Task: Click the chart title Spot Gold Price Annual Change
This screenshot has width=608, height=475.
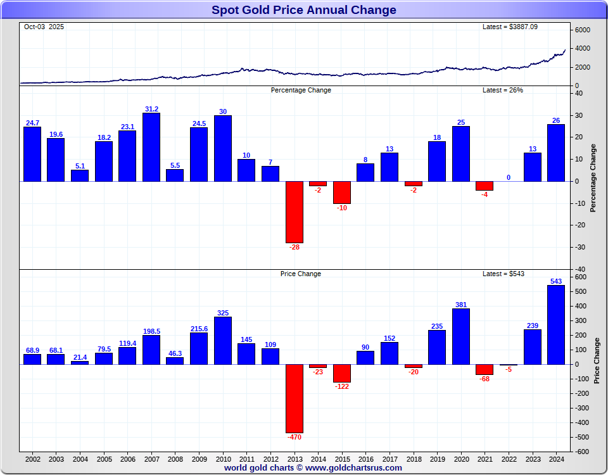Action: tap(303, 9)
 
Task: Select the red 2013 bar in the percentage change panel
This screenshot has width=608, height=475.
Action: tap(294, 212)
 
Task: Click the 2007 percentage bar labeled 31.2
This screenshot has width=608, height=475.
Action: tap(151, 147)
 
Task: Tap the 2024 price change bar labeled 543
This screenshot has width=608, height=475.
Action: tap(556, 324)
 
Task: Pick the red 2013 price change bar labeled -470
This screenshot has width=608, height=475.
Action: tap(294, 398)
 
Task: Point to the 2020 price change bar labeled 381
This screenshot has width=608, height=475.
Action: tap(461, 336)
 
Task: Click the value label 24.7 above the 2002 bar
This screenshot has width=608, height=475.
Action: tap(32, 123)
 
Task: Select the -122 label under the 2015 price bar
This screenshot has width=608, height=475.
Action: tap(342, 386)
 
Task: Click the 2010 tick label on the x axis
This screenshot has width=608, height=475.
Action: tap(223, 459)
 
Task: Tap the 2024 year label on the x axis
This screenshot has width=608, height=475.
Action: tap(556, 459)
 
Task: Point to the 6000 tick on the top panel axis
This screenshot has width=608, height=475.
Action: tap(583, 30)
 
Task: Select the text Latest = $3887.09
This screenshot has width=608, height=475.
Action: tap(510, 27)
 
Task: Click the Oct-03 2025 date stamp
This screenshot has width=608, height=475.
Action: tap(44, 27)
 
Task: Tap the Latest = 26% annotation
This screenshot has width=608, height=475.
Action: tap(503, 90)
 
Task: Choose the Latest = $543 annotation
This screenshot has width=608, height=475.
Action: tap(503, 274)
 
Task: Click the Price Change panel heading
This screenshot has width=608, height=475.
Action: tap(301, 274)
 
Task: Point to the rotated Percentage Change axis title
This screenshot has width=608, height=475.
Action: tap(593, 178)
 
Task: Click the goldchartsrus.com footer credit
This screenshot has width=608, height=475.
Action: tap(313, 468)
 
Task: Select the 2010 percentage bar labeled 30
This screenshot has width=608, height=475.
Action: tap(223, 148)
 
